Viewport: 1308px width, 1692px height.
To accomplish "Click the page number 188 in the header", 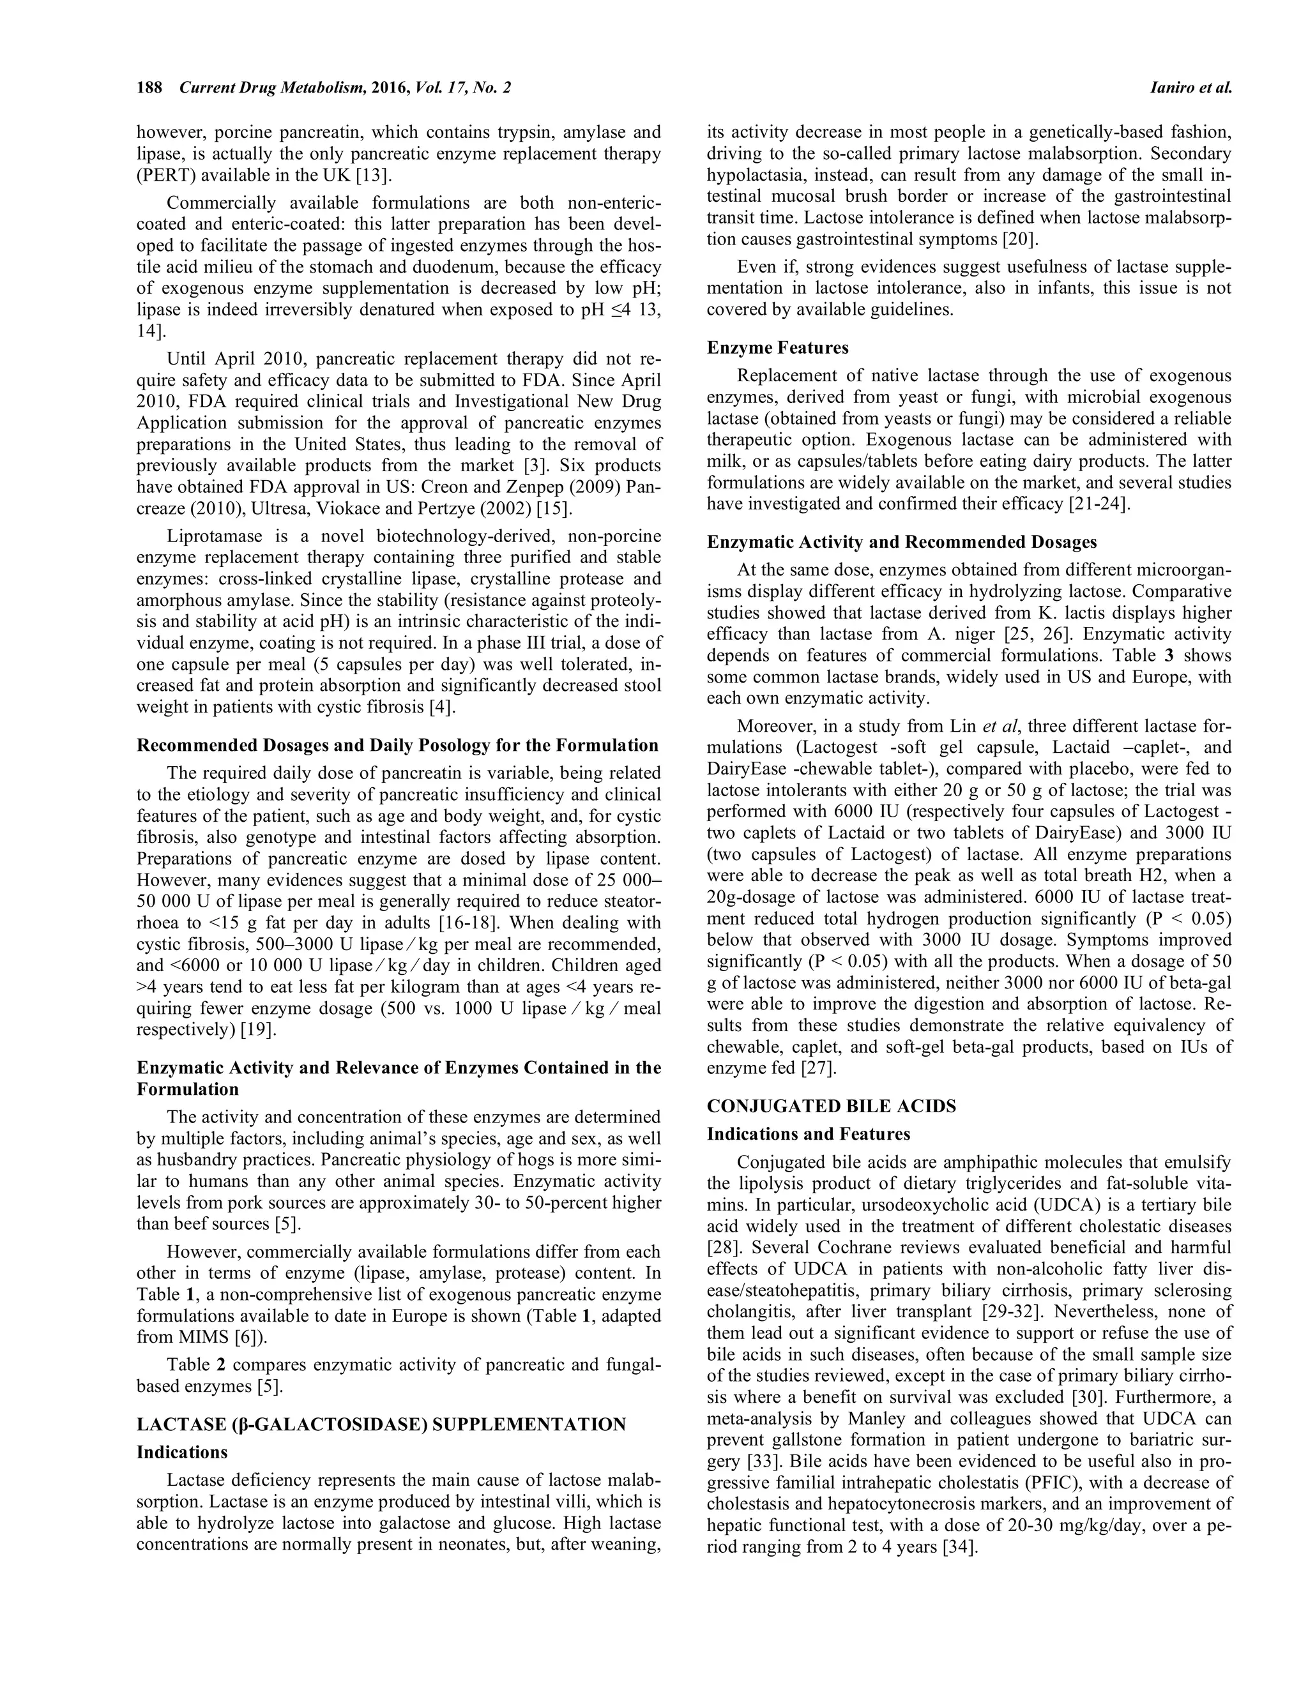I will (x=149, y=87).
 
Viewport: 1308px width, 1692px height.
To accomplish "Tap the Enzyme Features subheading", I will (x=777, y=347).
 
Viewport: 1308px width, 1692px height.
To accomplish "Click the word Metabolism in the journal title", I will (x=309, y=87).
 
